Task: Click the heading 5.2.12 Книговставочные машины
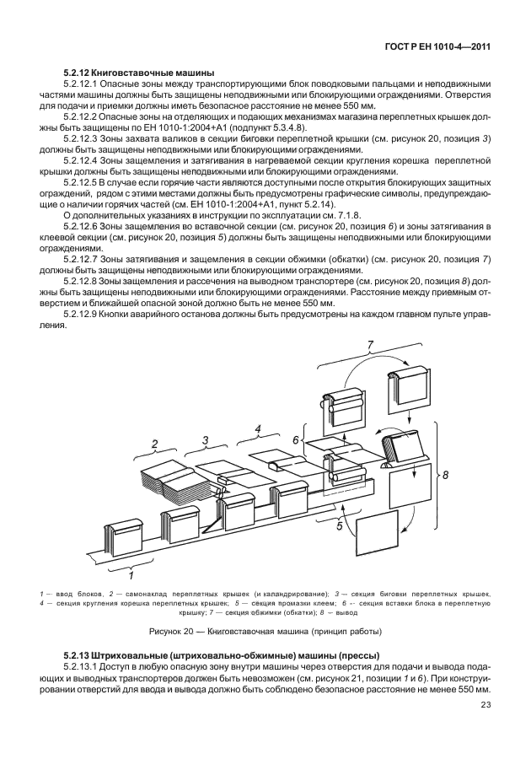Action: point(139,74)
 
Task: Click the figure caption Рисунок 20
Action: point(265,631)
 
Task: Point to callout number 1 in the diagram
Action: point(131,577)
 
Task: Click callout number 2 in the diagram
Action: point(155,443)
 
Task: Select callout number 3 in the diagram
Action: point(205,439)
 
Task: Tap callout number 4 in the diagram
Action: point(259,428)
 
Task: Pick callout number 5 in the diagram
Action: point(339,528)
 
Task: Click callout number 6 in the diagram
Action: point(296,439)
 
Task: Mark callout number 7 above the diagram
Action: point(368,343)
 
